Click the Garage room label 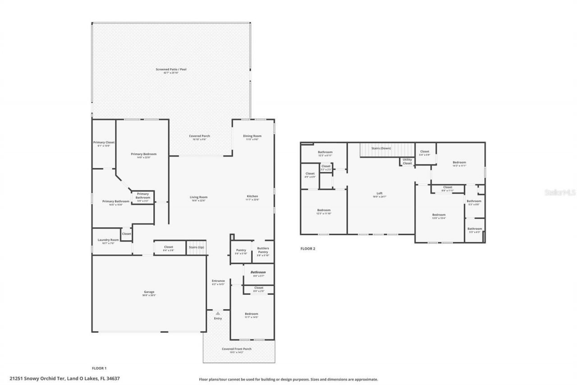(149, 292)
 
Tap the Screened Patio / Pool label (171, 70)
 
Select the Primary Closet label (104, 143)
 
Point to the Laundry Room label (108, 240)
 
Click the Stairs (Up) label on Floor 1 (196, 247)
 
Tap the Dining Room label (252, 136)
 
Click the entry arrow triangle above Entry (218, 313)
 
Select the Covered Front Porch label (237, 349)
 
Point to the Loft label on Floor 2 (380, 193)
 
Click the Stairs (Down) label (381, 148)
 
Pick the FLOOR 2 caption (308, 248)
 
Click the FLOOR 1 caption (99, 368)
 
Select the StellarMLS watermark (560, 192)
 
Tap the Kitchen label (252, 196)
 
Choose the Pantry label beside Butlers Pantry (241, 250)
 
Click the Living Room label (198, 197)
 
